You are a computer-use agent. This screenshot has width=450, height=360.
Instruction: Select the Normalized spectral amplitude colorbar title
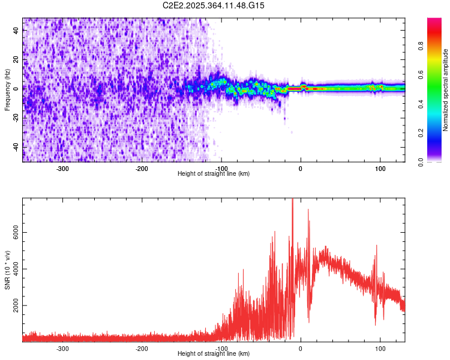446,90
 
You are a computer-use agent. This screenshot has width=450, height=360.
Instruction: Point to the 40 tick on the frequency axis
16,31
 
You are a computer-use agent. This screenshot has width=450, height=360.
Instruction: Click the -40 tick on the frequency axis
16,146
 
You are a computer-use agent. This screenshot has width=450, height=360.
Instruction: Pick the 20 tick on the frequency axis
16,59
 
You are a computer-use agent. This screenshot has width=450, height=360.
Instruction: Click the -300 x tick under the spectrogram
62,169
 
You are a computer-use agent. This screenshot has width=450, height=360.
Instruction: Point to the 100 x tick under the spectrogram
380,169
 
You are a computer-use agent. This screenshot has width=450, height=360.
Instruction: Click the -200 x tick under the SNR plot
142,348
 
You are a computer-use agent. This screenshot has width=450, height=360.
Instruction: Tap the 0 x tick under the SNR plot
301,348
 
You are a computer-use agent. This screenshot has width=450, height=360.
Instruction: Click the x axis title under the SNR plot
214,353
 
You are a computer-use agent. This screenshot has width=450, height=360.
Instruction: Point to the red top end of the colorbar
434,20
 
